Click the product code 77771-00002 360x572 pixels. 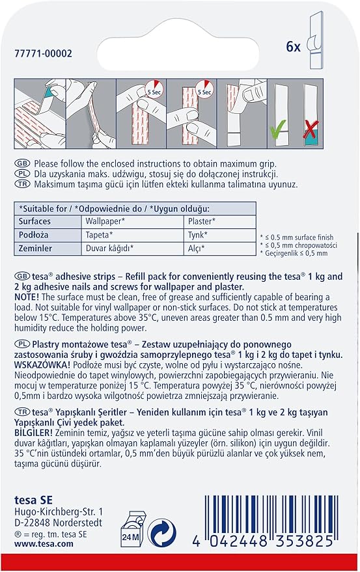tap(44, 53)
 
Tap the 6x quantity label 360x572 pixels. tap(293, 47)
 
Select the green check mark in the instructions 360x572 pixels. tap(277, 131)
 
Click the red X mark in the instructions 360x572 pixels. tap(311, 129)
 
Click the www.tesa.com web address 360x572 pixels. tap(44, 543)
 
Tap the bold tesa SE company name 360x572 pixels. tap(33, 500)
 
